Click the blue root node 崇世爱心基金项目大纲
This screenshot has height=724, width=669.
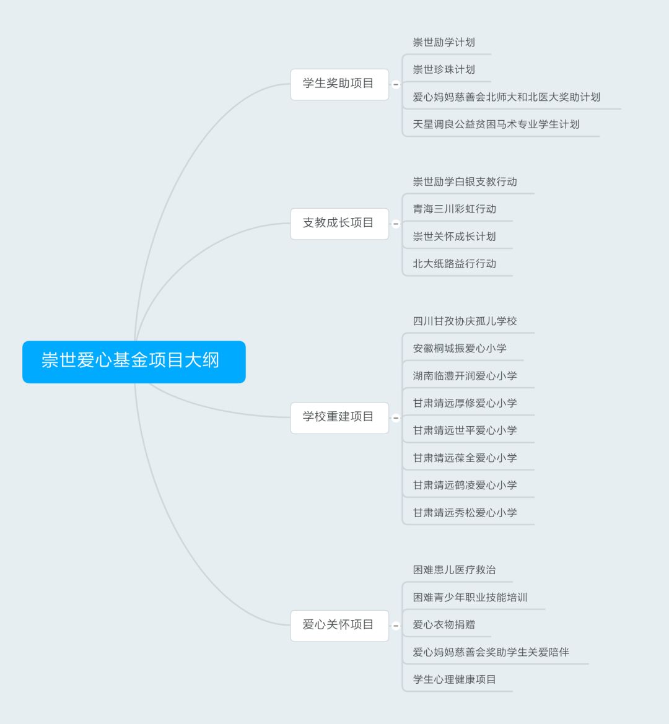click(x=134, y=362)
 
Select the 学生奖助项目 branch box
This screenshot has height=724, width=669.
click(x=339, y=84)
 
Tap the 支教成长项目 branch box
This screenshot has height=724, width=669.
click(x=339, y=224)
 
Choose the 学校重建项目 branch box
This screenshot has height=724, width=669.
click(x=339, y=417)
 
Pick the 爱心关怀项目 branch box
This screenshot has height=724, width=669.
click(x=339, y=625)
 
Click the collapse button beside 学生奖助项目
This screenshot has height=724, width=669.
click(x=396, y=84)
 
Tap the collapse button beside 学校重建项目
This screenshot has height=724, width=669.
click(x=396, y=418)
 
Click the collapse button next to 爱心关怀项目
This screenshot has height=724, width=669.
click(x=396, y=626)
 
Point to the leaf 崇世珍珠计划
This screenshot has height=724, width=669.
click(x=444, y=70)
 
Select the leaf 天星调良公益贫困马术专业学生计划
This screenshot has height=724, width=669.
click(x=496, y=124)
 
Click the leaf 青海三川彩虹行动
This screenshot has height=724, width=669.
click(x=454, y=209)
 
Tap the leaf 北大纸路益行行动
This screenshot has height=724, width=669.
click(x=454, y=264)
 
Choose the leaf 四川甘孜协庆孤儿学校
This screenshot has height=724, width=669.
click(x=465, y=321)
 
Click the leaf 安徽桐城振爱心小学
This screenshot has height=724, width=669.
click(x=460, y=348)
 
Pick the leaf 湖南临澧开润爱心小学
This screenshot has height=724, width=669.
click(x=465, y=376)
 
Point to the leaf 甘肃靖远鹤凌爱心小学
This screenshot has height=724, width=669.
click(x=465, y=486)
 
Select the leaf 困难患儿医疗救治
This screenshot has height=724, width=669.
click(x=454, y=570)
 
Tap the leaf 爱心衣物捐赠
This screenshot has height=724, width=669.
click(x=444, y=625)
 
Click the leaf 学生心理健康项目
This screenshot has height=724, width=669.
click(x=454, y=679)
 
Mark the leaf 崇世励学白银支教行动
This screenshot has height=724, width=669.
click(x=465, y=181)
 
